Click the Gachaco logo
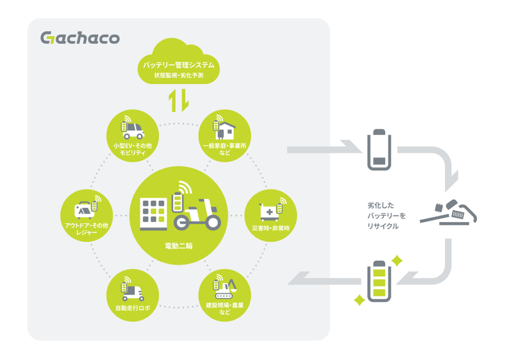[80, 38]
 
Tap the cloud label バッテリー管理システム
[178, 66]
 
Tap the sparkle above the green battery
[397, 261]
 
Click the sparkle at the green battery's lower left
[359, 299]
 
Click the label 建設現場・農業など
[224, 308]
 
